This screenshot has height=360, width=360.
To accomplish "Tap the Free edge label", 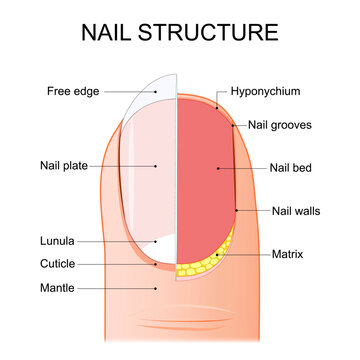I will [x=72, y=92].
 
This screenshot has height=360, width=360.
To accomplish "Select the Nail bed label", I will [x=291, y=167].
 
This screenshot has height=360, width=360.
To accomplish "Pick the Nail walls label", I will [x=294, y=211].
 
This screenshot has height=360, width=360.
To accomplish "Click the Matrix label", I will [x=288, y=255].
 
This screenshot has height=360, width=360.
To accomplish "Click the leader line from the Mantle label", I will [x=115, y=287].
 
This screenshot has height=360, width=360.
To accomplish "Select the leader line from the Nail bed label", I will [x=244, y=167].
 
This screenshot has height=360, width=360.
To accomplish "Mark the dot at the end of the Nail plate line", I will [x=156, y=165].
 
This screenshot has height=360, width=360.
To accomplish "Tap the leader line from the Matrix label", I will [x=245, y=255].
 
